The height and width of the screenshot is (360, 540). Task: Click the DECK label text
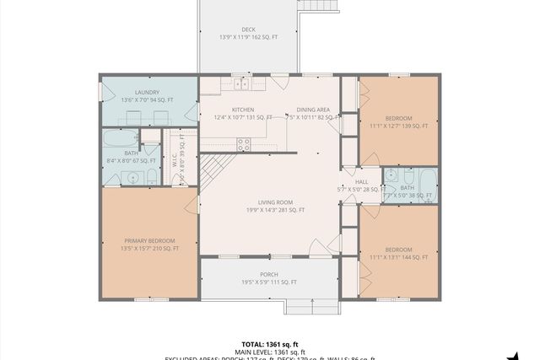click(248, 30)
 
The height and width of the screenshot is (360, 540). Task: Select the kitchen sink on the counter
click(241, 83)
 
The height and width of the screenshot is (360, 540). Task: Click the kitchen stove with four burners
click(244, 145)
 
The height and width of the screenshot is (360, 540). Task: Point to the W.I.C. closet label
click(175, 158)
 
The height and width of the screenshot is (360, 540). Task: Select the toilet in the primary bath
click(151, 176)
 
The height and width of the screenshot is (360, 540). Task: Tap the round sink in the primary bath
click(130, 176)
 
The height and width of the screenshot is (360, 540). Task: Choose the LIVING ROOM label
click(275, 202)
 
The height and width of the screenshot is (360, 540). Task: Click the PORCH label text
click(269, 275)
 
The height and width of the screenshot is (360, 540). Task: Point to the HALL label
click(361, 182)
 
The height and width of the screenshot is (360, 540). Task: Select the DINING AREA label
click(313, 110)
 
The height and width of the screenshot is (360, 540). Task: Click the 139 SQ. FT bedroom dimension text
click(399, 126)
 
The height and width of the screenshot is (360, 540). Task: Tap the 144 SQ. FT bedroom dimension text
click(399, 258)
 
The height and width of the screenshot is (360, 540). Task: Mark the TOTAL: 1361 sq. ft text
click(269, 344)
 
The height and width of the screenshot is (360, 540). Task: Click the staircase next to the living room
click(215, 173)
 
